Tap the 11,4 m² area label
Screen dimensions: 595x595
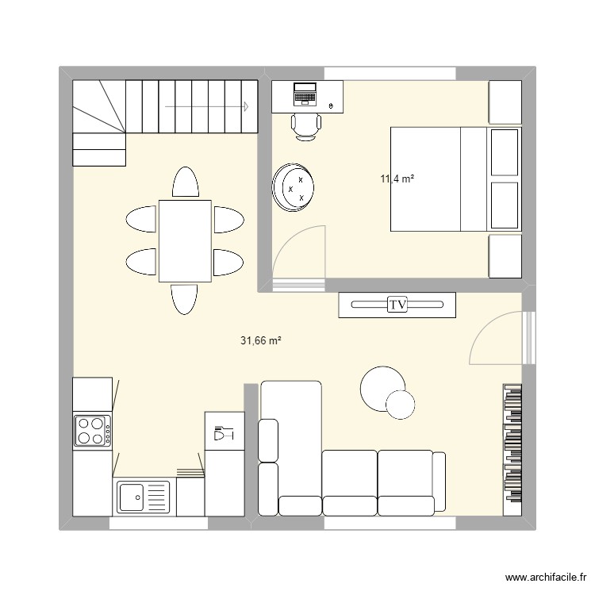[397, 179]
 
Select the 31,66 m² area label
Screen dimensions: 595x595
[262, 341]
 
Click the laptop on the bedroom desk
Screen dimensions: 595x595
[305, 94]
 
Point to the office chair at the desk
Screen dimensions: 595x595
[305, 125]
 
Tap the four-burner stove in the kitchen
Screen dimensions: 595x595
[92, 431]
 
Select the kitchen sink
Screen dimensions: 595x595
[144, 497]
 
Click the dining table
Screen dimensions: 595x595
[185, 241]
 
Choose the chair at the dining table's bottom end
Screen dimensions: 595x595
[184, 299]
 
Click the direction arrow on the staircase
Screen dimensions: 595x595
[206, 106]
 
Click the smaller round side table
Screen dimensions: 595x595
[400, 405]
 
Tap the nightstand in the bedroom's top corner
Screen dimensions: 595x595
[504, 101]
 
